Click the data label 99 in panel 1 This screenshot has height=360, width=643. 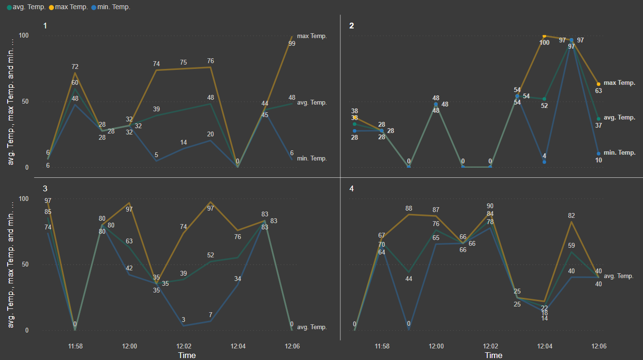point(292,43)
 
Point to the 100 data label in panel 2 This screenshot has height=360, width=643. point(544,43)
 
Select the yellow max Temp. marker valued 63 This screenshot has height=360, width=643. point(599,84)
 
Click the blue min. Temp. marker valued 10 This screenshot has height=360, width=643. point(599,154)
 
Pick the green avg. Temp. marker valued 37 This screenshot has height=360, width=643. point(599,119)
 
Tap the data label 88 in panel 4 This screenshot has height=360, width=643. point(409,208)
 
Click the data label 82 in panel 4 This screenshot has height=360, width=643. point(572,215)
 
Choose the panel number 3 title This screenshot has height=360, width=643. point(45,188)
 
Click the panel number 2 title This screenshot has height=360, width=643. point(351,26)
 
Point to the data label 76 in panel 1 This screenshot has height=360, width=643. point(211,61)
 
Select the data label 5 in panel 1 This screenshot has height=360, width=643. point(156,155)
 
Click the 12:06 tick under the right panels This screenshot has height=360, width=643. point(599,346)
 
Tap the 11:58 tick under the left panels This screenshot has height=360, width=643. point(75,346)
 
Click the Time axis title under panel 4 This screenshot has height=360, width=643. point(494,356)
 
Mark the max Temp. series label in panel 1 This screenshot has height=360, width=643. point(312,36)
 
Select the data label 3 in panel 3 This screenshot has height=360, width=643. point(184,320)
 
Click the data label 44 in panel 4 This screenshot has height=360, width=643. point(409,279)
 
